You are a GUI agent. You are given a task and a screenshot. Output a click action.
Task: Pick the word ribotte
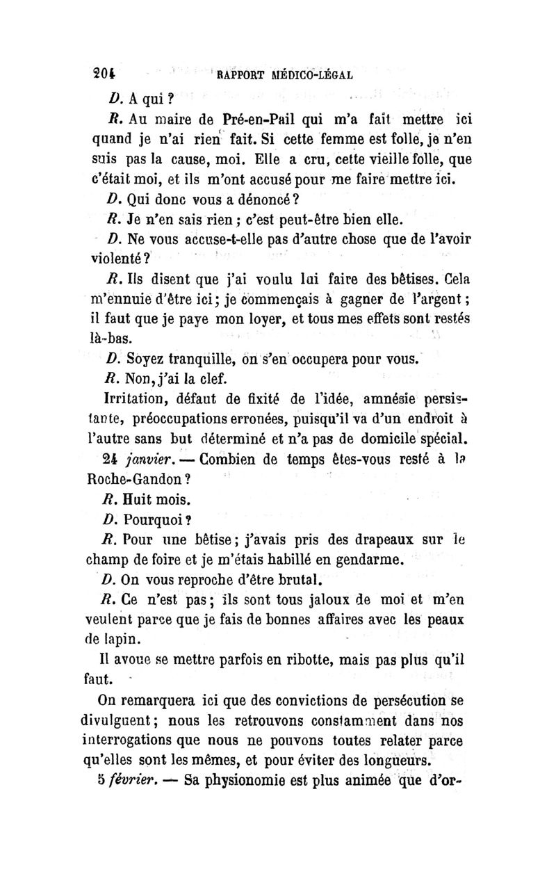tap(314, 659)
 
